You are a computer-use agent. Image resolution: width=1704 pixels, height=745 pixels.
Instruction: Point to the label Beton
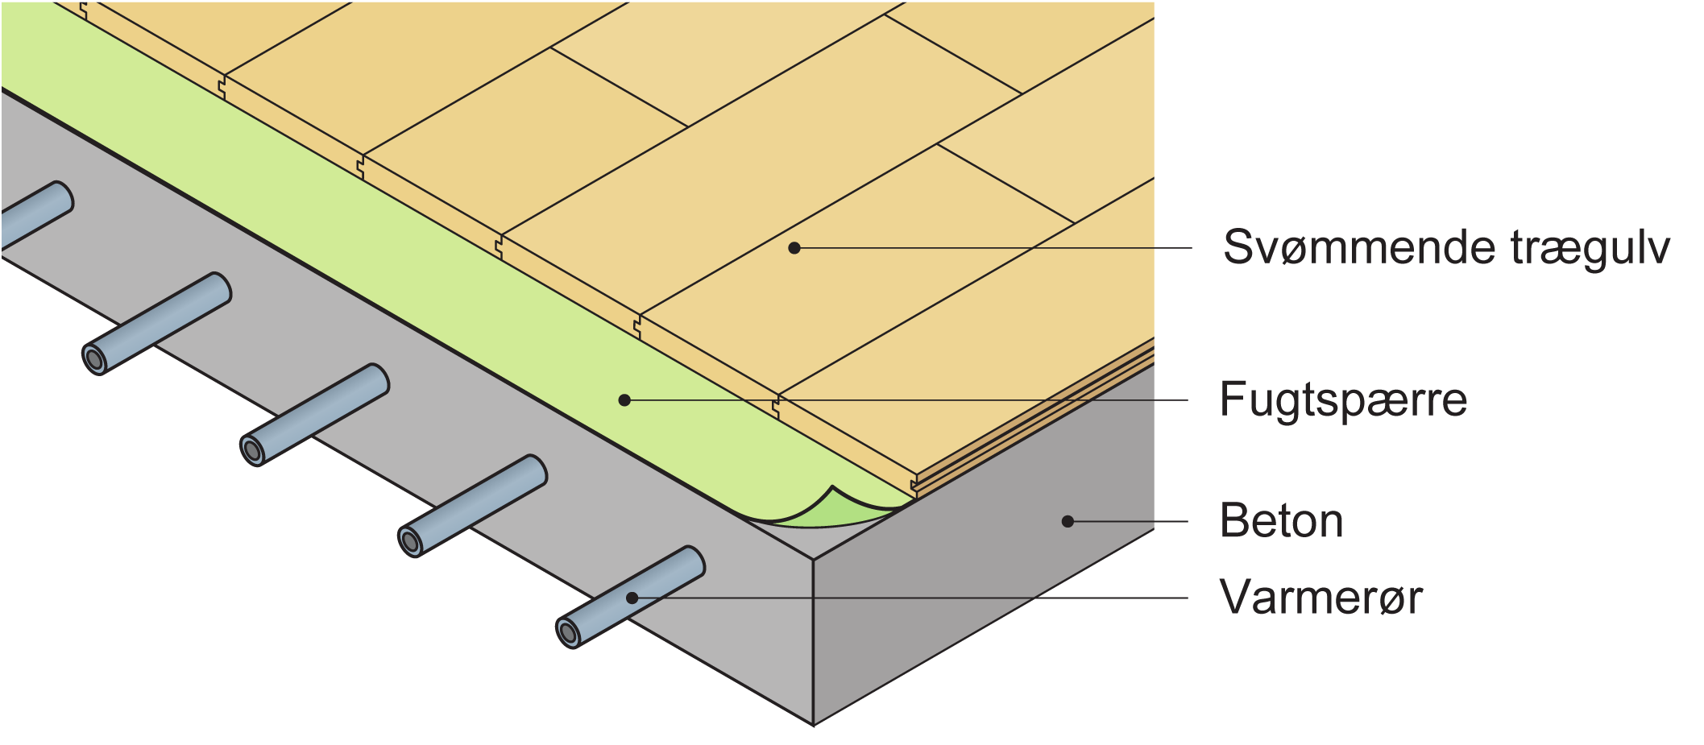coord(1281,520)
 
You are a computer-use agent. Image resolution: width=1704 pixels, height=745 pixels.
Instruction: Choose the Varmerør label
coord(1321,598)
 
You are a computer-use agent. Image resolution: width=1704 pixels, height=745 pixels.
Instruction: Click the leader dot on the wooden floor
coord(794,248)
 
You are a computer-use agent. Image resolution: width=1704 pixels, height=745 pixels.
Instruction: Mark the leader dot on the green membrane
coord(624,399)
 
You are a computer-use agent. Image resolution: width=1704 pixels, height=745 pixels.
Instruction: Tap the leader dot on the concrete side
coord(1068,521)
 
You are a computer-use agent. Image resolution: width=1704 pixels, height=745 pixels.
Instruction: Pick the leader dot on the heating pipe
coord(632,598)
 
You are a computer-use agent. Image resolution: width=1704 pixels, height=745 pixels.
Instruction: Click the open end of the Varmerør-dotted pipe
coord(569,634)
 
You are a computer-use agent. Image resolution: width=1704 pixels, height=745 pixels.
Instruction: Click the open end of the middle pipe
coord(253,451)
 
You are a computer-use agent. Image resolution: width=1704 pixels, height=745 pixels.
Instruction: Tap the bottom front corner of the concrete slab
coord(813,726)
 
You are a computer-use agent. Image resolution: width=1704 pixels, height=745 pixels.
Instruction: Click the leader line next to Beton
coord(1128,521)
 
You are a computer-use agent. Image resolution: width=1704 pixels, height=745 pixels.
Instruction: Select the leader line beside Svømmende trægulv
coord(993,248)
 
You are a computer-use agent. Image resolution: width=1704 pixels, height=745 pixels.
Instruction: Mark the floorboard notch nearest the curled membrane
coord(914,485)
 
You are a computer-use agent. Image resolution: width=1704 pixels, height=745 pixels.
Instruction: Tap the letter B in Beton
coord(1234,520)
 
